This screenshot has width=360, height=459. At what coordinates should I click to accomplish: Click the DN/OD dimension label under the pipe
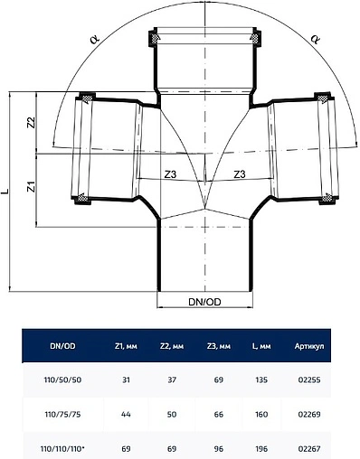(204, 302)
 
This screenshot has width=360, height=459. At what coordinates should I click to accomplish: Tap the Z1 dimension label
(32, 186)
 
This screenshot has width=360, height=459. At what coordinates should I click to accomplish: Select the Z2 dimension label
(32, 123)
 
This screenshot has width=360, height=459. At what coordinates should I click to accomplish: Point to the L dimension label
(5, 192)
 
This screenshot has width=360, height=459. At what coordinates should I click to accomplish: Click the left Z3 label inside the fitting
(170, 174)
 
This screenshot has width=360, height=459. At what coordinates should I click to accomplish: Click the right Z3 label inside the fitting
(240, 173)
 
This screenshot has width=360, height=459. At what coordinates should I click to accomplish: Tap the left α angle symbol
(94, 39)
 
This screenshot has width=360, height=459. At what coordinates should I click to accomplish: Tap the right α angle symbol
(315, 39)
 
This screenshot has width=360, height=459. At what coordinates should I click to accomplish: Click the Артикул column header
(309, 346)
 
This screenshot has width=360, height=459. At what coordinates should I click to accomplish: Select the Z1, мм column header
(126, 346)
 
